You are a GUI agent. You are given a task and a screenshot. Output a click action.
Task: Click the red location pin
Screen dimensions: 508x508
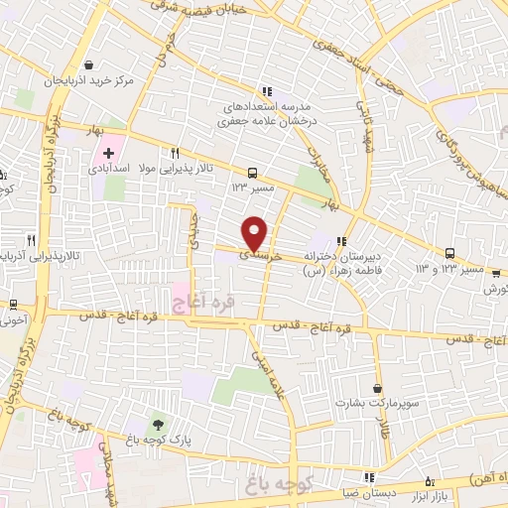tap(255, 232)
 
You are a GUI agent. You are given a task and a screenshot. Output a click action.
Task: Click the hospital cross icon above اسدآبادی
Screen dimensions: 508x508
tap(108, 155)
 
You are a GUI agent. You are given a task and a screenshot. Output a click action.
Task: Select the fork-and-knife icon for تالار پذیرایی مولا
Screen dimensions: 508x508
tap(175, 154)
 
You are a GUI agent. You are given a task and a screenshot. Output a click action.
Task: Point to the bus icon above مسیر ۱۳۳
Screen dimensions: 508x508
tap(253, 171)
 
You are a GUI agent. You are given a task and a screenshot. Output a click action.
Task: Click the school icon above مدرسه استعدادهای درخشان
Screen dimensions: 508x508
tap(265, 91)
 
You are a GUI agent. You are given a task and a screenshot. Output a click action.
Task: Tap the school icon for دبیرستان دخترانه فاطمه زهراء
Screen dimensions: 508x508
tap(341, 240)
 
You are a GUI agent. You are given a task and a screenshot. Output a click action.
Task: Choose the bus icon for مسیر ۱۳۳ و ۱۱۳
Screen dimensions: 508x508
tap(450, 252)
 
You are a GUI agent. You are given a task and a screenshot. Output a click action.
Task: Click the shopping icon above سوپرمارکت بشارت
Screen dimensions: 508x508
tap(377, 388)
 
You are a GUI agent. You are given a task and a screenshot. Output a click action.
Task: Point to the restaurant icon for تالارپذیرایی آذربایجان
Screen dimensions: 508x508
tap(32, 239)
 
